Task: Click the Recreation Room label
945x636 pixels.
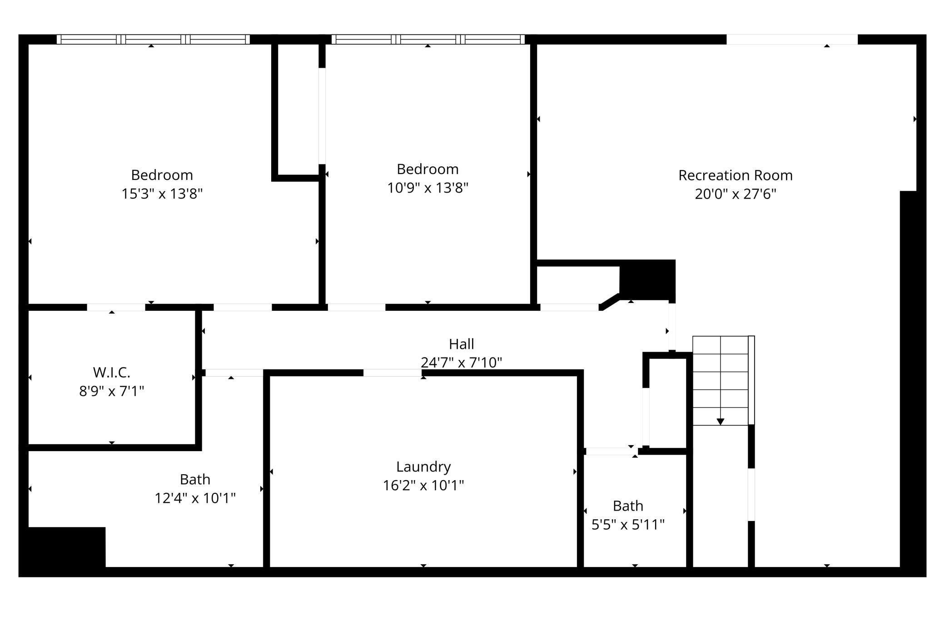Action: pyautogui.click(x=735, y=175)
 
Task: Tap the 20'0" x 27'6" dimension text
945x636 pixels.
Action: pyautogui.click(x=735, y=194)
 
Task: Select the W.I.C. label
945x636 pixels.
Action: pyautogui.click(x=112, y=373)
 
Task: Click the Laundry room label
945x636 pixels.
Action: pyautogui.click(x=423, y=467)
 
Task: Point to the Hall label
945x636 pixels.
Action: pyautogui.click(x=461, y=344)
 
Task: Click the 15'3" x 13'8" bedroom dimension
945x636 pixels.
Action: pyautogui.click(x=162, y=194)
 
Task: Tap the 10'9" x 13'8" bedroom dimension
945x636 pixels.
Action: pyautogui.click(x=428, y=188)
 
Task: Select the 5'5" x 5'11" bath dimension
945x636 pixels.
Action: pyautogui.click(x=628, y=525)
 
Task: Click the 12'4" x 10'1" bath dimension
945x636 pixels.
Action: pyautogui.click(x=195, y=498)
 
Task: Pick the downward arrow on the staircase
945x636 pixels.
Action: pyautogui.click(x=720, y=422)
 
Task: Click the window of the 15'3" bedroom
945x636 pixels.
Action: pyautogui.click(x=153, y=40)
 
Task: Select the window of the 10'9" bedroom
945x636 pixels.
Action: pyautogui.click(x=428, y=40)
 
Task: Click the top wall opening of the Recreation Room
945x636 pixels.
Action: pyautogui.click(x=791, y=40)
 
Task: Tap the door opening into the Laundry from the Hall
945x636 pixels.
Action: pyautogui.click(x=392, y=373)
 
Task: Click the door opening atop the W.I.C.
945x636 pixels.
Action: pyautogui.click(x=116, y=307)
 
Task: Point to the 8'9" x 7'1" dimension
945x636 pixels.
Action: pyautogui.click(x=112, y=391)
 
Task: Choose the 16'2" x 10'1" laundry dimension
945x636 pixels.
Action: pyautogui.click(x=423, y=486)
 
